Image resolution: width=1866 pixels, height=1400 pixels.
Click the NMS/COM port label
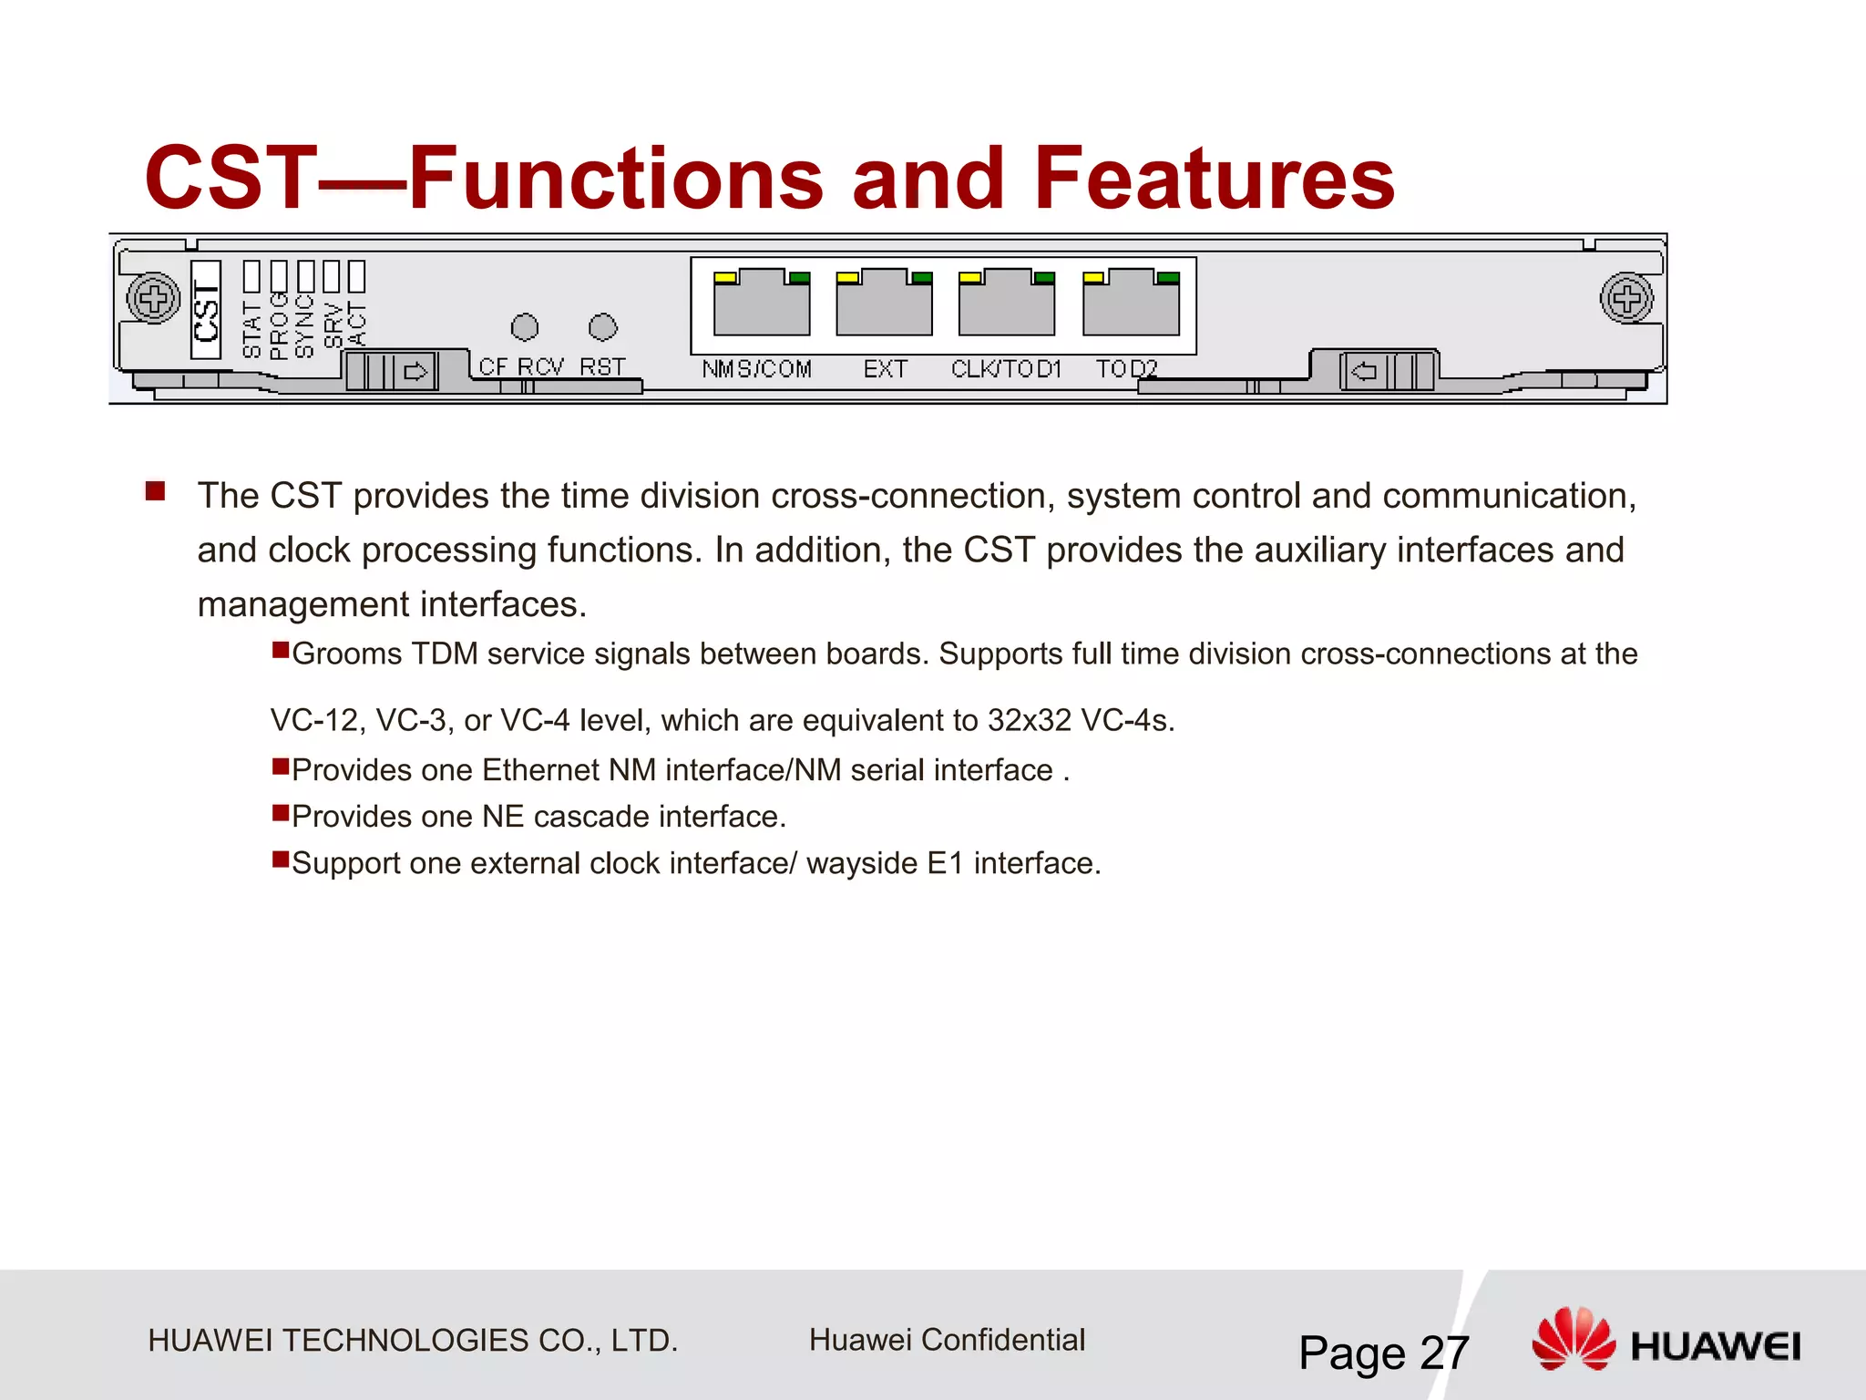click(756, 369)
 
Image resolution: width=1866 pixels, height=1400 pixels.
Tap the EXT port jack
click(884, 305)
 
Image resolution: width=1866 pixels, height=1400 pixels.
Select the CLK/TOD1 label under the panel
click(1006, 369)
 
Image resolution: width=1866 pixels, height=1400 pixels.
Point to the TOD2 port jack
click(1131, 305)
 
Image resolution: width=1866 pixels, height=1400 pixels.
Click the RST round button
click(603, 327)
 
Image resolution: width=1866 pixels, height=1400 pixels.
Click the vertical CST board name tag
click(206, 310)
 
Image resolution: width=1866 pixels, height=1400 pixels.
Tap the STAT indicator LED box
click(252, 276)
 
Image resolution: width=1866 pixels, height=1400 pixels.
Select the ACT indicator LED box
click(356, 276)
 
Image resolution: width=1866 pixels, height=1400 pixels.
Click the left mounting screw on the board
click(153, 298)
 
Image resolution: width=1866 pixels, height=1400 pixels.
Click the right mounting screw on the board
click(1626, 298)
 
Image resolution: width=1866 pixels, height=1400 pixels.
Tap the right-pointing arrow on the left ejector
click(415, 372)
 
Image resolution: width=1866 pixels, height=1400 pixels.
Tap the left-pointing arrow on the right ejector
click(1364, 371)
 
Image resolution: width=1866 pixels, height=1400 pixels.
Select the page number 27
click(1444, 1353)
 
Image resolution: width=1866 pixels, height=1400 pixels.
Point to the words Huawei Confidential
click(947, 1340)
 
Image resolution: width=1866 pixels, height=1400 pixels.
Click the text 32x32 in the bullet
click(1029, 721)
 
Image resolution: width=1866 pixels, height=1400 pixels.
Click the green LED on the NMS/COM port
click(799, 278)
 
